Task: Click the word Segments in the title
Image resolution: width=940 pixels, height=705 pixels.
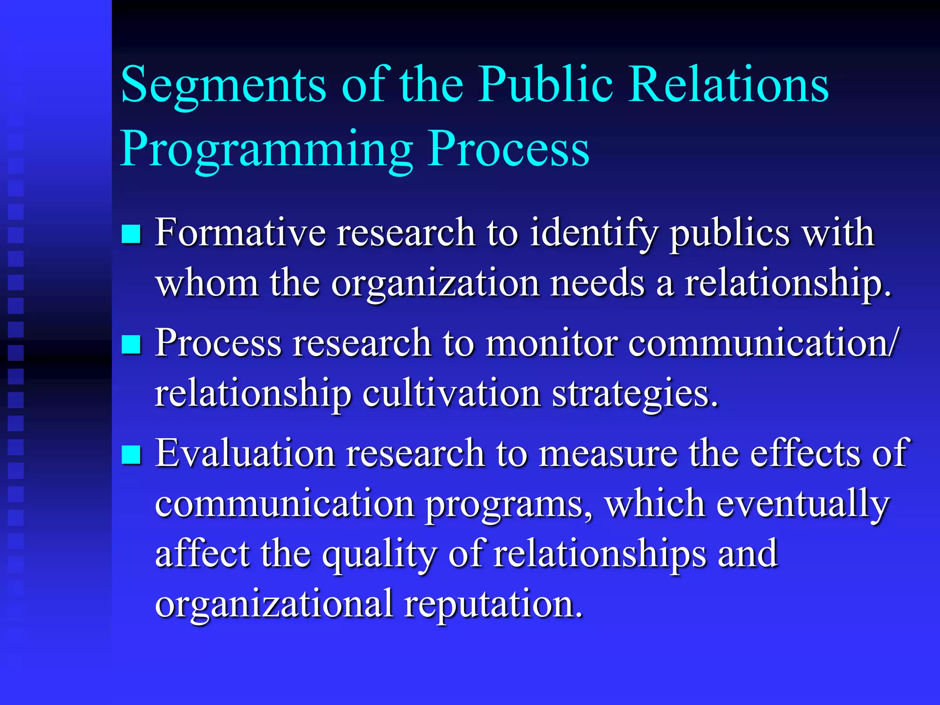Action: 224,85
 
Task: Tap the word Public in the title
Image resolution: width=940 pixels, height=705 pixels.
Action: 545,85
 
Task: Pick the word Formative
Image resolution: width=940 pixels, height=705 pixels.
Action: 240,233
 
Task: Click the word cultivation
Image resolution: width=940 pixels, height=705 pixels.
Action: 452,393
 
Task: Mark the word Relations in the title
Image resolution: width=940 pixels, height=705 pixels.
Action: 728,85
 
